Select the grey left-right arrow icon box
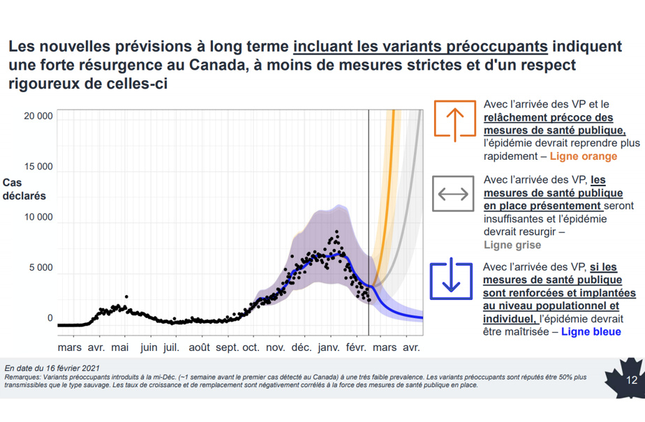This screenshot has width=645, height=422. pos(453,193)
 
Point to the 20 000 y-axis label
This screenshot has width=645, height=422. pos(38,116)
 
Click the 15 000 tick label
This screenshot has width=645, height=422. pos(38,167)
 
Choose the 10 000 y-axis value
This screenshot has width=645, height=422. pos(38,217)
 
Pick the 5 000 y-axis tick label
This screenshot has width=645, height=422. pos(41,267)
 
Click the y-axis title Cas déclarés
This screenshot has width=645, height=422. pos(24,190)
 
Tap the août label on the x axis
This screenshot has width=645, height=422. pos(199,347)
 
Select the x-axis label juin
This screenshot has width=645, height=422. pos(149,347)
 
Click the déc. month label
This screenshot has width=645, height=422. pos(302,347)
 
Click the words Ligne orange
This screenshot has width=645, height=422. pos(584,156)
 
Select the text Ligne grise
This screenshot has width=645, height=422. pos(512,245)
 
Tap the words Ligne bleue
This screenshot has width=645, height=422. pos(591,331)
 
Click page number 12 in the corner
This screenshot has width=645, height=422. pos(632,380)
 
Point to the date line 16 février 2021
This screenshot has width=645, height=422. pos(52,368)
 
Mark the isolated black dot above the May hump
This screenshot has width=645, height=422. pos(126,296)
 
